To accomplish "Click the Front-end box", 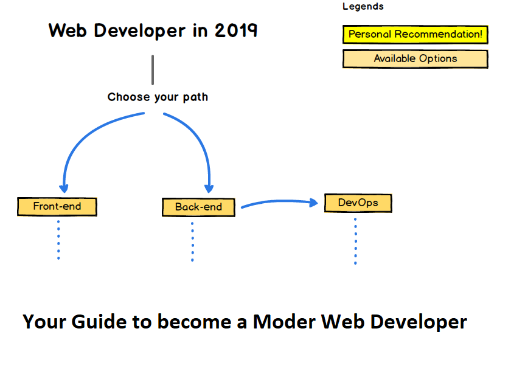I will (57, 206).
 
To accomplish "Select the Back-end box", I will (198, 207).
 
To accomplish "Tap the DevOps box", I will (358, 203).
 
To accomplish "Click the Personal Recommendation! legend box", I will (415, 35).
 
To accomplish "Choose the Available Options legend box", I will (415, 59).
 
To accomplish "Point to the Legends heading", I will (363, 7).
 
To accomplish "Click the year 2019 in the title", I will (236, 30).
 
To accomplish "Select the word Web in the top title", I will (66, 30).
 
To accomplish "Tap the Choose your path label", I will (158, 97).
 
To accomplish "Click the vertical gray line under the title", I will (153, 70).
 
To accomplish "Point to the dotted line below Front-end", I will (58, 240).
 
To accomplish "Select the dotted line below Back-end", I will (192, 241).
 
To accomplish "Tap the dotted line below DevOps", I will (355, 241).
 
